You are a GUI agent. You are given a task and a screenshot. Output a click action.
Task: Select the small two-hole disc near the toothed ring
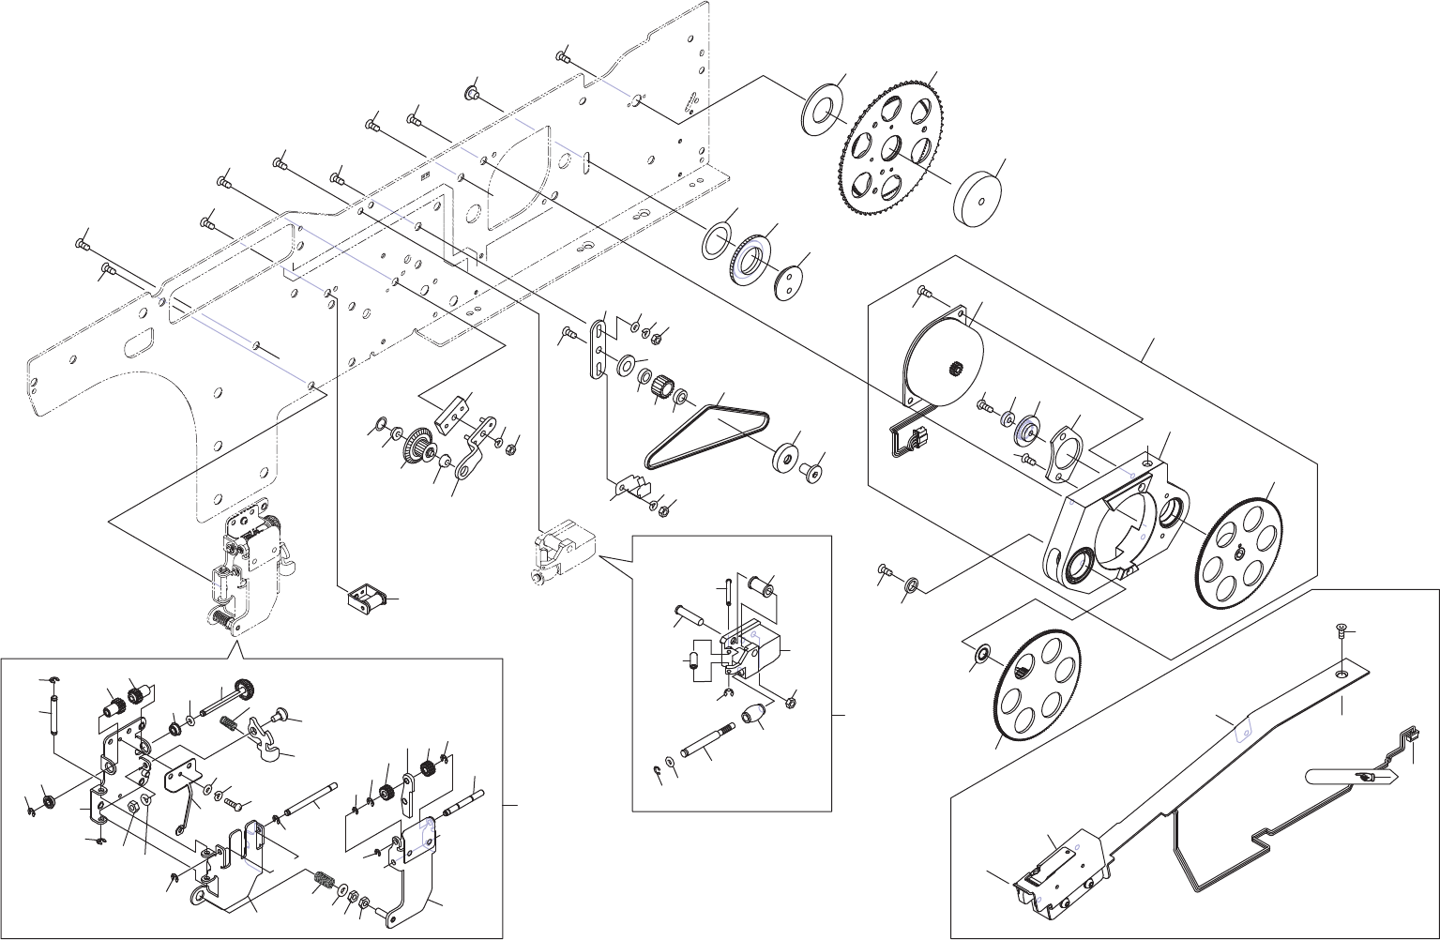(x=791, y=280)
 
